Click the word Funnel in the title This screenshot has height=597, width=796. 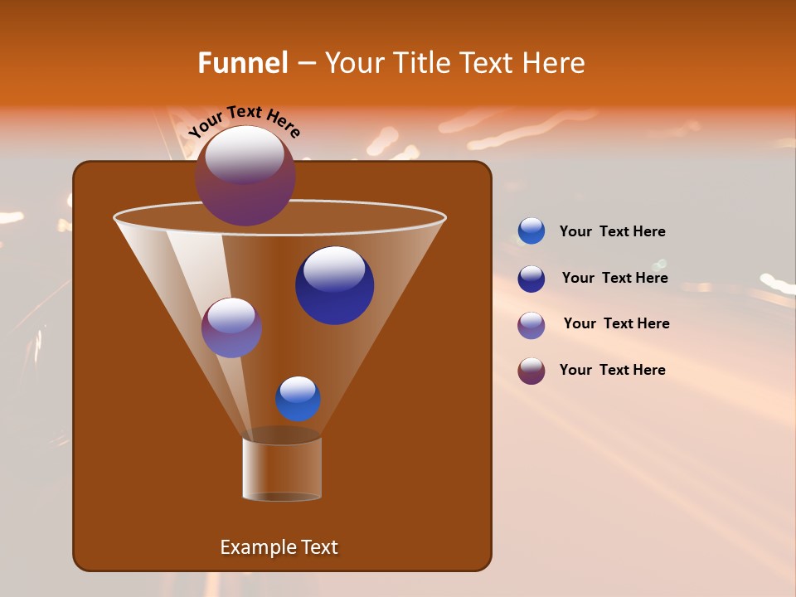click(x=242, y=63)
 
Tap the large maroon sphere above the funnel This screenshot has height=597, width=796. click(x=245, y=176)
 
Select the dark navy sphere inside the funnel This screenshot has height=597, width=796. click(x=334, y=286)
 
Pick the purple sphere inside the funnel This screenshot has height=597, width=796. click(x=231, y=328)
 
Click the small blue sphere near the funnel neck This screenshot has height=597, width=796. click(x=298, y=399)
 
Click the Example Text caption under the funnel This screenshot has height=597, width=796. click(x=279, y=547)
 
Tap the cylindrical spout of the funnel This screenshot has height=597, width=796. click(x=282, y=468)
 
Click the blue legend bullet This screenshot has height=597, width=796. click(x=531, y=231)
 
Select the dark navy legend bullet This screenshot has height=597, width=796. click(x=531, y=279)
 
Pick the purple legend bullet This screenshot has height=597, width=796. click(x=531, y=325)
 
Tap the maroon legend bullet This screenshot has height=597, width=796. click(x=531, y=371)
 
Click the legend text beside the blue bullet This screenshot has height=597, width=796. click(x=612, y=232)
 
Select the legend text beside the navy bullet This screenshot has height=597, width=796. click(x=614, y=279)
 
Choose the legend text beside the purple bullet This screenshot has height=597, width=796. click(x=616, y=324)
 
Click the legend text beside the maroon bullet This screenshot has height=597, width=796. click(x=612, y=371)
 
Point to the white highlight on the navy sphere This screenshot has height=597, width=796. click(x=334, y=269)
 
